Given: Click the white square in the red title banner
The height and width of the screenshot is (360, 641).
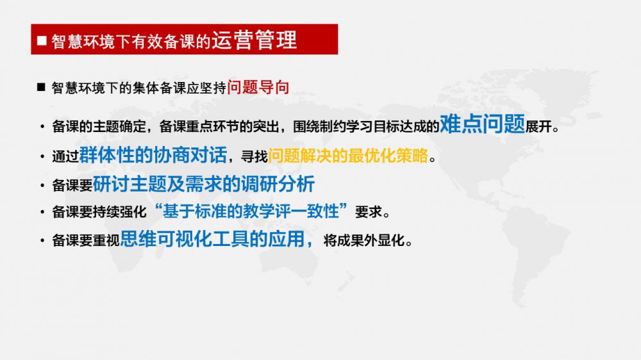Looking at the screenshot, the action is coord(42,40).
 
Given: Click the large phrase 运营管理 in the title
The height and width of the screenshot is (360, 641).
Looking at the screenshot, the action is coord(254,40).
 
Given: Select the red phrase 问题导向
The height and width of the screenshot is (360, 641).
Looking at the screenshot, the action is coord(258,87).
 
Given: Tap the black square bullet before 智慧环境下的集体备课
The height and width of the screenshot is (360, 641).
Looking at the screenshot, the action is coord(41,87).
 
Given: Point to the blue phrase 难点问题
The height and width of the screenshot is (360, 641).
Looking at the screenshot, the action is coord(483,124).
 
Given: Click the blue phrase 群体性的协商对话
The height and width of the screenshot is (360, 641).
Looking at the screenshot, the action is coord(153,155).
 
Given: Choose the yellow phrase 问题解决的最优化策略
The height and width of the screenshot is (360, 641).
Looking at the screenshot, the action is coord(348,156).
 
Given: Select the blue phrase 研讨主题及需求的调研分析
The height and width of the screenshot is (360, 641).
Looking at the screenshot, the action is coord(204,184).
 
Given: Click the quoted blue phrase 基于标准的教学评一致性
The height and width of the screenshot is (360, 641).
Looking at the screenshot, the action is coord(251,211).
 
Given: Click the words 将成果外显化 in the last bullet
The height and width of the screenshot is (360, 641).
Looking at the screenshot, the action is coord(364,240).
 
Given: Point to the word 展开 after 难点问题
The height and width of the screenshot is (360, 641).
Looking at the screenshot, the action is coord(539,127).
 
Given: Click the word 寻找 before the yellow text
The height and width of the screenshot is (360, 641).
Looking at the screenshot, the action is coord(254,156).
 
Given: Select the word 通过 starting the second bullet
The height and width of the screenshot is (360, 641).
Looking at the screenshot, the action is coord(65,156).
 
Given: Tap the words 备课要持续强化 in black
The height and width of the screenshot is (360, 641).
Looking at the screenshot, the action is coord(99,211).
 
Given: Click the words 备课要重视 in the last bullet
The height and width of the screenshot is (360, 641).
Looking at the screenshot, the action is coord(86,240).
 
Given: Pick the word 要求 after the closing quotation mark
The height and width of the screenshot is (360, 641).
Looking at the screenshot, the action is coord(369,211).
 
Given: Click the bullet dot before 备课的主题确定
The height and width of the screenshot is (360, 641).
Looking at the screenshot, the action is coord(42,127).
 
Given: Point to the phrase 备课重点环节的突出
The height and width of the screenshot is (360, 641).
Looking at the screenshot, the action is coord(219,127).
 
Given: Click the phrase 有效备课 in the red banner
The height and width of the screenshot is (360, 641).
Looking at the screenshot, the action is coord(163,42).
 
